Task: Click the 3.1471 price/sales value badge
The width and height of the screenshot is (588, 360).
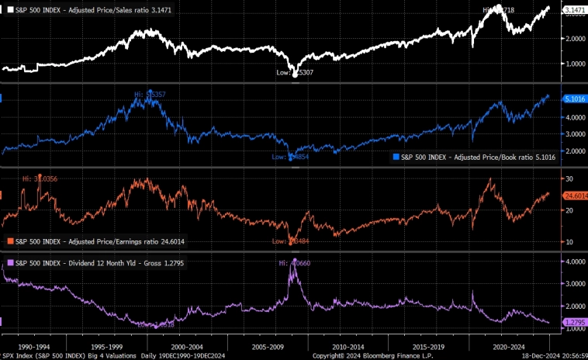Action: coord(575,9)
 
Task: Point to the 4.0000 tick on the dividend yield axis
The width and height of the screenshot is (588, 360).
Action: coord(574,262)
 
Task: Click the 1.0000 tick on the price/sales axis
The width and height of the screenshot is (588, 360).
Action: coord(574,64)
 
